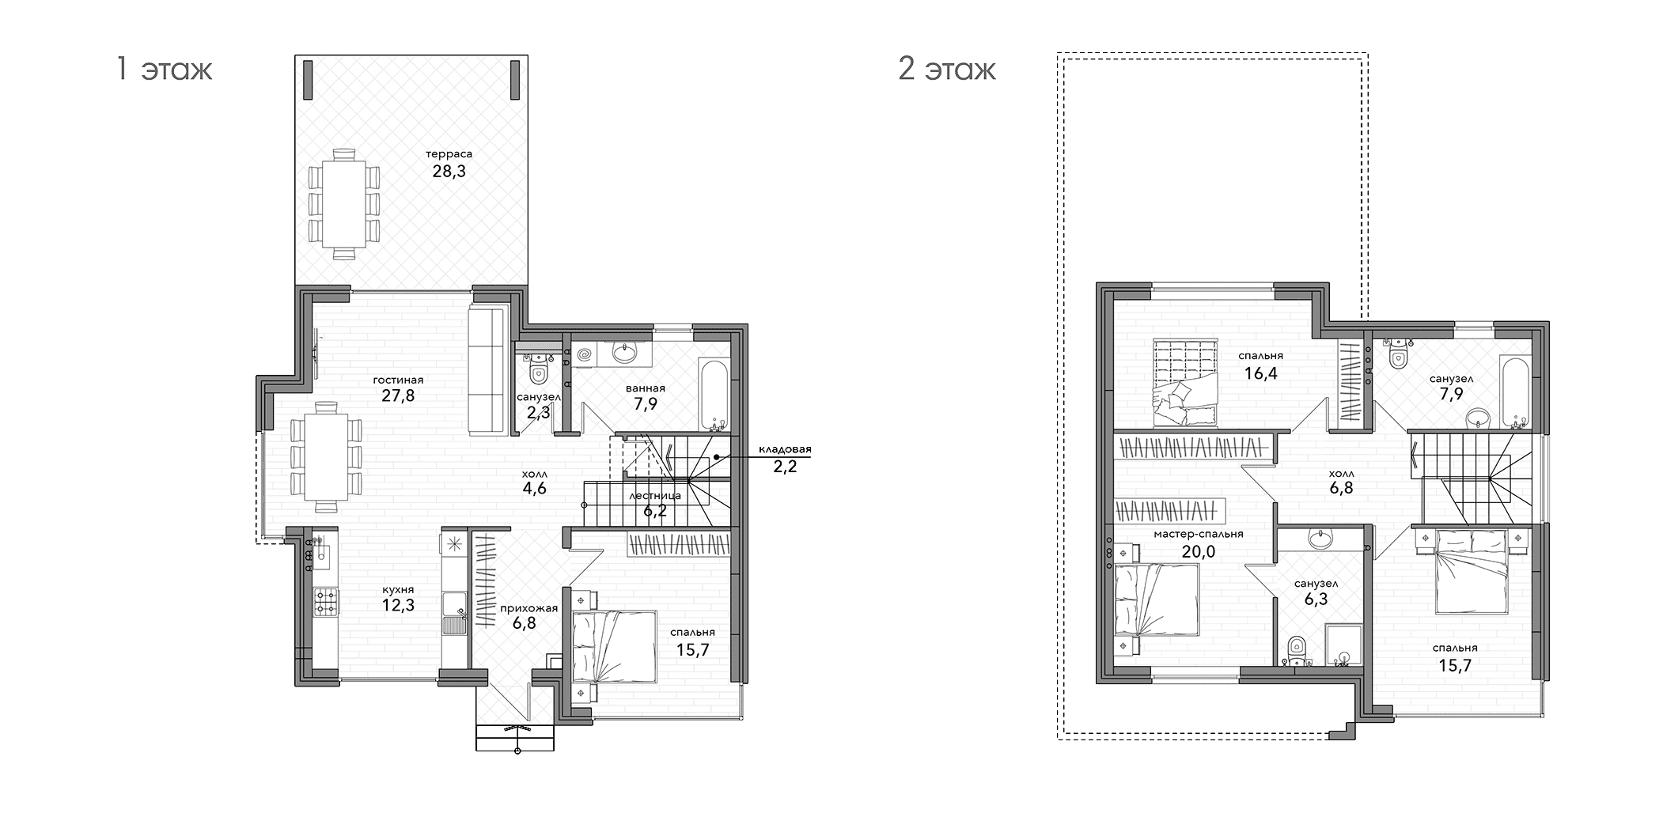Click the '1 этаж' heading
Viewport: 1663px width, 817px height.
pyautogui.click(x=164, y=70)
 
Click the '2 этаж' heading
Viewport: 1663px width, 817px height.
pyautogui.click(x=947, y=70)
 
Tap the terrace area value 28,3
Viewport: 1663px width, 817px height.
pyautogui.click(x=449, y=171)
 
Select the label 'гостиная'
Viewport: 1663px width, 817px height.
pyautogui.click(x=398, y=380)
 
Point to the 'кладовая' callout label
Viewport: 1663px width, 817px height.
pyautogui.click(x=785, y=449)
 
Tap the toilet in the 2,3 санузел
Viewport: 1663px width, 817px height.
pyautogui.click(x=539, y=371)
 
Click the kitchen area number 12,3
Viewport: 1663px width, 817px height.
pyautogui.click(x=398, y=606)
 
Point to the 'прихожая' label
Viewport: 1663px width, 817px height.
pyautogui.click(x=528, y=608)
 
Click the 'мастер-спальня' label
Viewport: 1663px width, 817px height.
pyautogui.click(x=1198, y=534)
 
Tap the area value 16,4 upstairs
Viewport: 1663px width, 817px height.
pyautogui.click(x=1261, y=373)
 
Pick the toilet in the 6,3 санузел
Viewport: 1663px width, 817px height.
pyautogui.click(x=1295, y=650)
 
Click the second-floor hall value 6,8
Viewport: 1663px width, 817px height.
pyautogui.click(x=1341, y=488)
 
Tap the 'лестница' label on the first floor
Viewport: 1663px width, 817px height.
pyautogui.click(x=655, y=496)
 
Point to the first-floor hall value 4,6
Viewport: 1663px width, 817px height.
pyautogui.click(x=535, y=488)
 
